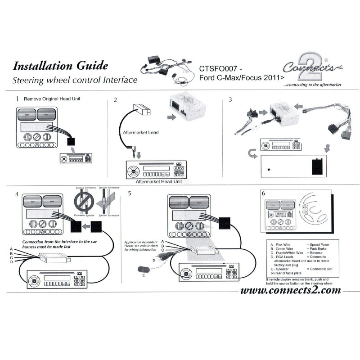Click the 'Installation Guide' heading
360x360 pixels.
(x=60, y=66)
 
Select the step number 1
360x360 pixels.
(x=17, y=98)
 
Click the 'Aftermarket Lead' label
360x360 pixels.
(x=141, y=133)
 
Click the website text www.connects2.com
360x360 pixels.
(x=291, y=290)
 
